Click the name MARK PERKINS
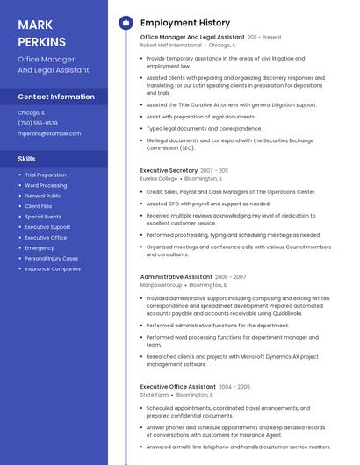pos(41,32)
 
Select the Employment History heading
pos(185,23)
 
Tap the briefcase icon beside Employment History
pos(126,23)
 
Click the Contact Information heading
pos(56,97)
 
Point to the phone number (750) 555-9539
pos(38,123)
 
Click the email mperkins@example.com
pos(49,133)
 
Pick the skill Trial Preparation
pos(46,175)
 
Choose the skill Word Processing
pos(46,185)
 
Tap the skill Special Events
pos(43,217)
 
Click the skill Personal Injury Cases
pos(52,259)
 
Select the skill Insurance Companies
pos(53,269)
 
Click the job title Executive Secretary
pos(169,170)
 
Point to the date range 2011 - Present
pos(264,38)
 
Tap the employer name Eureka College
pos(159,178)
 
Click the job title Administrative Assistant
pos(176,276)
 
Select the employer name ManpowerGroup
pos(162,284)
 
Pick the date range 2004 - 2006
pos(234,387)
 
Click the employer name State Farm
pos(155,395)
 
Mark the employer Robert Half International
pos(171,46)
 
